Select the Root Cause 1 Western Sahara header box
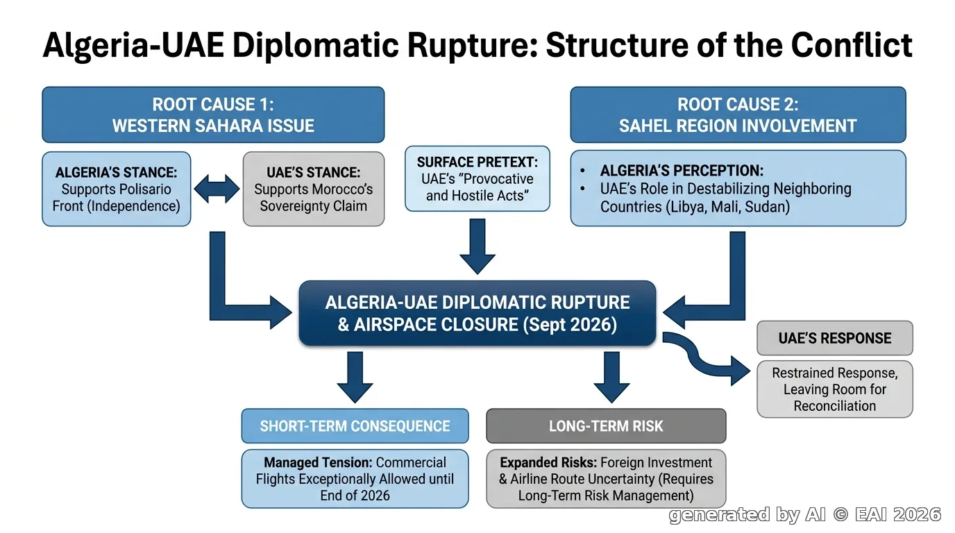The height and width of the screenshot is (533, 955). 213,115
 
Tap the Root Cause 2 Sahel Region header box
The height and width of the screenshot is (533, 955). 738,115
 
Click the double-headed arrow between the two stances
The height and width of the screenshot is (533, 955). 217,189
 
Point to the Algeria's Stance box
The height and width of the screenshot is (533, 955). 117,189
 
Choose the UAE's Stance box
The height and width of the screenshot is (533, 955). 314,189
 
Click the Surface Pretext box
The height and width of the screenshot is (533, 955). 477,178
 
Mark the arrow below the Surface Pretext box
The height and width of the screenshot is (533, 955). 477,246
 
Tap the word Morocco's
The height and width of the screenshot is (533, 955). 344,189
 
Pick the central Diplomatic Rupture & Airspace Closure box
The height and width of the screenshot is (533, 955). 477,313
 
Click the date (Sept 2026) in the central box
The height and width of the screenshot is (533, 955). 570,325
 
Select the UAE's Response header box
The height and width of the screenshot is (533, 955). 835,338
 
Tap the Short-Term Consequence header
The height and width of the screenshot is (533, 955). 355,426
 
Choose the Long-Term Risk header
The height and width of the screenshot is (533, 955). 606,426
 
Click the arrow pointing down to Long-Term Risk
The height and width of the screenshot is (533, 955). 612,377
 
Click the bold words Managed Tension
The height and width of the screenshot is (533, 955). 318,463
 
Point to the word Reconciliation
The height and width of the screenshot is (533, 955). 835,406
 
